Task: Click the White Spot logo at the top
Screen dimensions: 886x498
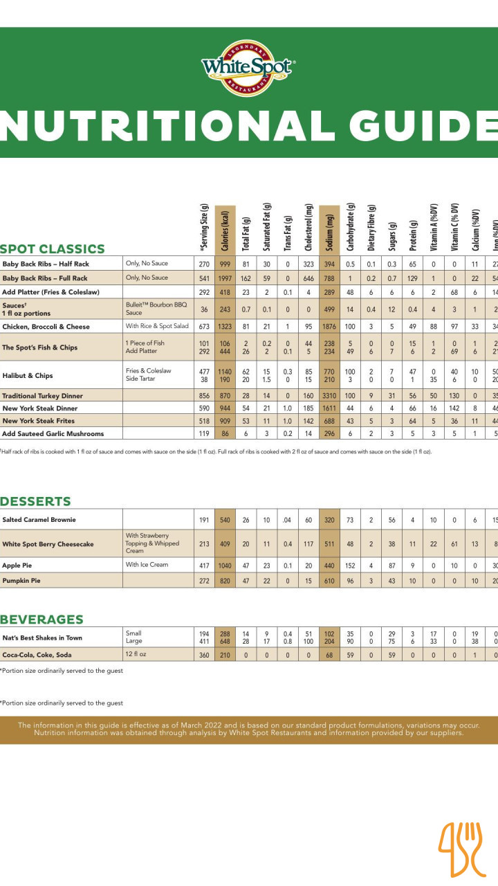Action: [x=248, y=68]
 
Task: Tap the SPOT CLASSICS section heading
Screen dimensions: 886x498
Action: [x=53, y=249]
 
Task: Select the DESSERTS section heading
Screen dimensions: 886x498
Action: [x=35, y=501]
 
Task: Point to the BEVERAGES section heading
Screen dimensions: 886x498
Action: [x=41, y=620]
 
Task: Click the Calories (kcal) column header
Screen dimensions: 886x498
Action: [x=225, y=230]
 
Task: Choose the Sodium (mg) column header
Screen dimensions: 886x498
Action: [x=329, y=230]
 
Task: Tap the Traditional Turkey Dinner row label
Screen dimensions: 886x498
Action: [x=43, y=396]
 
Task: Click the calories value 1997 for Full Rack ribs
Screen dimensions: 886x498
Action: [x=225, y=278]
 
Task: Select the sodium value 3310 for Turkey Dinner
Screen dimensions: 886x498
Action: [x=329, y=396]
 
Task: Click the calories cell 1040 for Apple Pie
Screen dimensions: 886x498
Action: [x=225, y=566]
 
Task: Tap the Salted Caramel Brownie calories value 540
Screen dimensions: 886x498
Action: [x=225, y=519]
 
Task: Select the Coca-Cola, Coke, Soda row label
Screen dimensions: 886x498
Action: [x=47, y=654]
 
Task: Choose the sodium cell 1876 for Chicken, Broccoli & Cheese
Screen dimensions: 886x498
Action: [x=329, y=326]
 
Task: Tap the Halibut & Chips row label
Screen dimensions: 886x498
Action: [x=28, y=376]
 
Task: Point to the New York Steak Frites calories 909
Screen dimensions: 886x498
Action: [x=225, y=421]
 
